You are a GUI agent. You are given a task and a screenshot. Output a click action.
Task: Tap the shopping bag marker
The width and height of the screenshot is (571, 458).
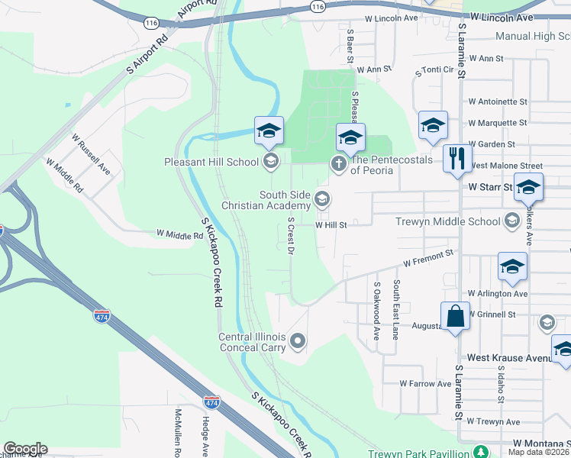click(x=455, y=315)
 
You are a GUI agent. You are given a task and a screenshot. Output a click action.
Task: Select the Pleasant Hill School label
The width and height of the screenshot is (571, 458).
click(x=211, y=162)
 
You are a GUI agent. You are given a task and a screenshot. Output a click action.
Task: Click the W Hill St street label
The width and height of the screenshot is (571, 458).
click(x=331, y=225)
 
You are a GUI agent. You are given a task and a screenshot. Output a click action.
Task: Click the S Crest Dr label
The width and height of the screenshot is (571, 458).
click(x=291, y=234)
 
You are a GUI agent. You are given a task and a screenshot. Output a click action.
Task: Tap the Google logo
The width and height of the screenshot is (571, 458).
click(x=25, y=449)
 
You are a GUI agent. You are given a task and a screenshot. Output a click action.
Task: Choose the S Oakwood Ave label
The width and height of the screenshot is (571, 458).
click(x=376, y=310)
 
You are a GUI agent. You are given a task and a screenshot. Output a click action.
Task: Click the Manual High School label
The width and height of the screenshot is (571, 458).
click(x=532, y=36)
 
